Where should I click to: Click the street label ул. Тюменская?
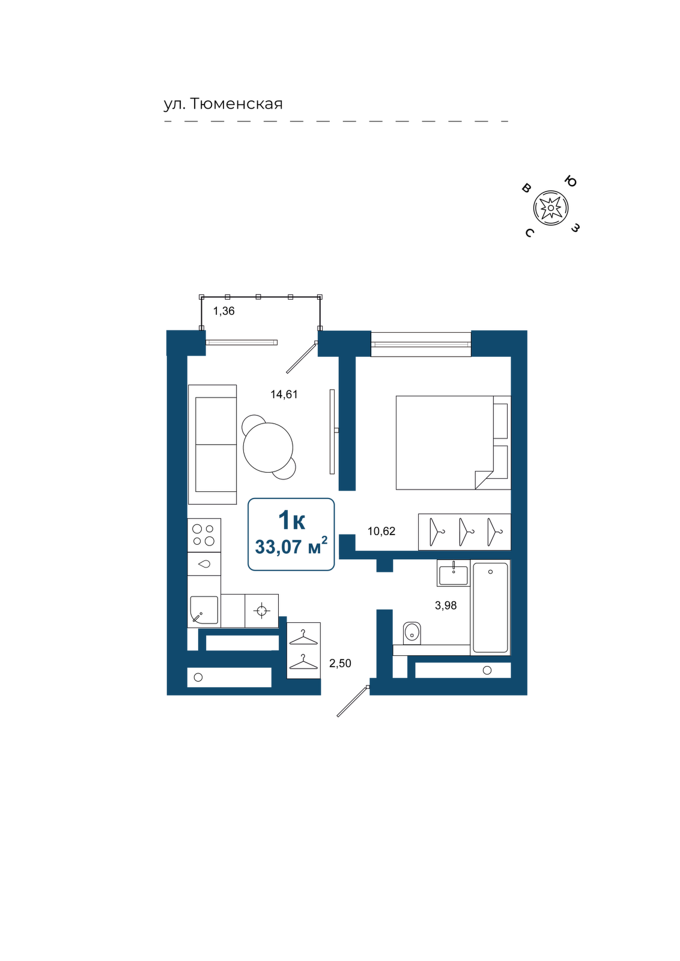tap(223, 104)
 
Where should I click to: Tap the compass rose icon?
tap(551, 208)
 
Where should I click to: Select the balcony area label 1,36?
tap(224, 311)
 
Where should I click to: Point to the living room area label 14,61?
tap(284, 394)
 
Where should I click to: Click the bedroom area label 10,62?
tap(381, 531)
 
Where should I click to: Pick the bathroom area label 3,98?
tap(446, 605)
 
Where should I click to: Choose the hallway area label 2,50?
tap(340, 663)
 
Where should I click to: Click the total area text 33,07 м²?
tap(291, 547)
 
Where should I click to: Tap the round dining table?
tap(268, 447)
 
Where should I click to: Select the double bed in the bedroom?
tap(453, 442)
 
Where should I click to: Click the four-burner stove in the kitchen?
tap(204, 535)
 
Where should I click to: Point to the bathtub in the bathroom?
tap(490, 607)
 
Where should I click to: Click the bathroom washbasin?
tap(454, 573)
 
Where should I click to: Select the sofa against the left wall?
tap(213, 444)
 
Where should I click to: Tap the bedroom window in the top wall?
tap(421, 343)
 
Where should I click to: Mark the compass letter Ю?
tap(570, 181)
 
